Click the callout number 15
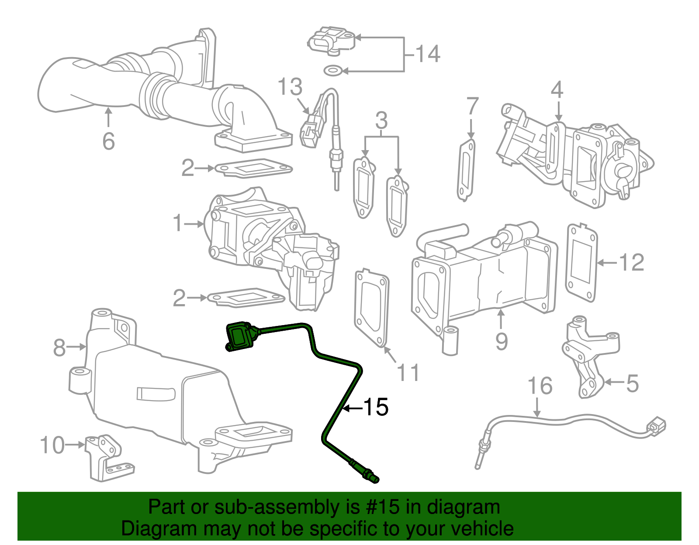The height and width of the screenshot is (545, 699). (x=376, y=407)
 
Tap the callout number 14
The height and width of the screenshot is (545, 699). (x=427, y=54)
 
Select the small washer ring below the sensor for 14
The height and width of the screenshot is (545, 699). (x=333, y=70)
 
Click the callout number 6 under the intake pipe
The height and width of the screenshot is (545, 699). (x=108, y=141)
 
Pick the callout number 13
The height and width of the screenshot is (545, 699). (x=290, y=87)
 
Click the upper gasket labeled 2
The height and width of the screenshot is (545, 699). (x=253, y=168)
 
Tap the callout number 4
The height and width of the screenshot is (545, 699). (x=557, y=90)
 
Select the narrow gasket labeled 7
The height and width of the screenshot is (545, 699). (x=467, y=170)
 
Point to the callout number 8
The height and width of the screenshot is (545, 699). (x=59, y=348)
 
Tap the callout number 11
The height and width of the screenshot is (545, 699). (x=408, y=373)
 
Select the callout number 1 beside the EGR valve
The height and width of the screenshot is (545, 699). (x=177, y=223)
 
